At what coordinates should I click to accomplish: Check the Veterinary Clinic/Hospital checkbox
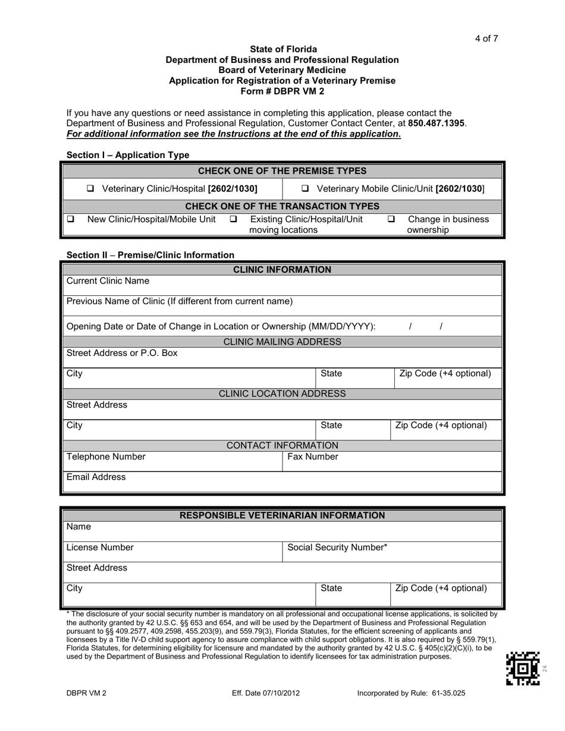pyautogui.click(x=90, y=189)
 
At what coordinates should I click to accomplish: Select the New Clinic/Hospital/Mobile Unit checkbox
pyautogui.click(x=70, y=219)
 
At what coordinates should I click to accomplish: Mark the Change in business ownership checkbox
pyautogui.click(x=391, y=219)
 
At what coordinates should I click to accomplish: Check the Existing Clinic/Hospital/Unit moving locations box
pyautogui.click(x=233, y=219)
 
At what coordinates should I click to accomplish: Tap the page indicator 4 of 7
pyautogui.click(x=486, y=39)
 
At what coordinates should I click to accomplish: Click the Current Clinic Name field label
pyautogui.click(x=108, y=281)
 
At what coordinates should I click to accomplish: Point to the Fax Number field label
pyautogui.click(x=313, y=457)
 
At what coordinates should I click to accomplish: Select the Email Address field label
pyautogui.click(x=96, y=477)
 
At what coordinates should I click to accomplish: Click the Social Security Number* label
pyautogui.click(x=337, y=547)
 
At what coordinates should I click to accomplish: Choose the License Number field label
pyautogui.click(x=100, y=547)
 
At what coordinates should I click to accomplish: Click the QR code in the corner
pyautogui.click(x=523, y=669)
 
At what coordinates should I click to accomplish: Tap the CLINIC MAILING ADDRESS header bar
pyautogui.click(x=282, y=342)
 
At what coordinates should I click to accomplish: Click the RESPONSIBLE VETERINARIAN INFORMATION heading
pyautogui.click(x=282, y=515)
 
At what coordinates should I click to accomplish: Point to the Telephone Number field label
pyautogui.click(x=106, y=457)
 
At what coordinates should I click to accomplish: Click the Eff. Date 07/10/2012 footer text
pyautogui.click(x=266, y=694)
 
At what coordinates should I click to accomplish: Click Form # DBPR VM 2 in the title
pyautogui.click(x=282, y=91)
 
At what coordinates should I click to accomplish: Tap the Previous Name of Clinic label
pyautogui.click(x=180, y=301)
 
